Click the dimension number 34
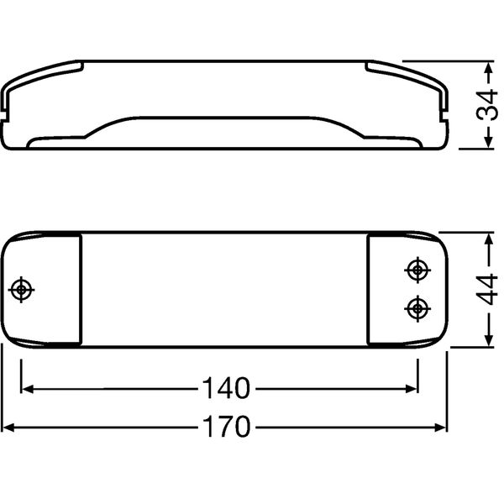(486, 105)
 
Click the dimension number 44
(486, 289)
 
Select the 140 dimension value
(226, 388)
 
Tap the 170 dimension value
(226, 427)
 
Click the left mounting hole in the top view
(21, 290)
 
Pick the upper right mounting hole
(417, 270)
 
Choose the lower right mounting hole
(417, 308)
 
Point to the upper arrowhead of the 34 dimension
(489, 67)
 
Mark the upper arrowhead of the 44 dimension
(489, 239)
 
